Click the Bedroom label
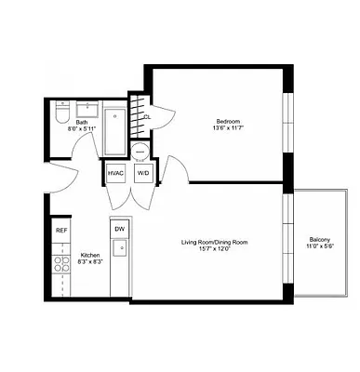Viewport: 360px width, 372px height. click(229, 122)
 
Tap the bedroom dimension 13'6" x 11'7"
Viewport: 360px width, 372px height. click(229, 129)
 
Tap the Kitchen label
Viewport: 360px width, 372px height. click(89, 255)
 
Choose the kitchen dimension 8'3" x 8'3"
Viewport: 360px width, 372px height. click(89, 262)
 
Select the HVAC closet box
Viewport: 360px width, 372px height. click(116, 174)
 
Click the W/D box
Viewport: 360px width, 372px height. click(143, 174)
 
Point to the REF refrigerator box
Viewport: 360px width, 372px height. click(61, 230)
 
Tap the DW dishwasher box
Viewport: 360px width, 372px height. click(119, 229)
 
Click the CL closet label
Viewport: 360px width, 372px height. click(147, 117)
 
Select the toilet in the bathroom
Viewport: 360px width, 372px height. click(60, 113)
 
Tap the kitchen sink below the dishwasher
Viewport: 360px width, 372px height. click(119, 248)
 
